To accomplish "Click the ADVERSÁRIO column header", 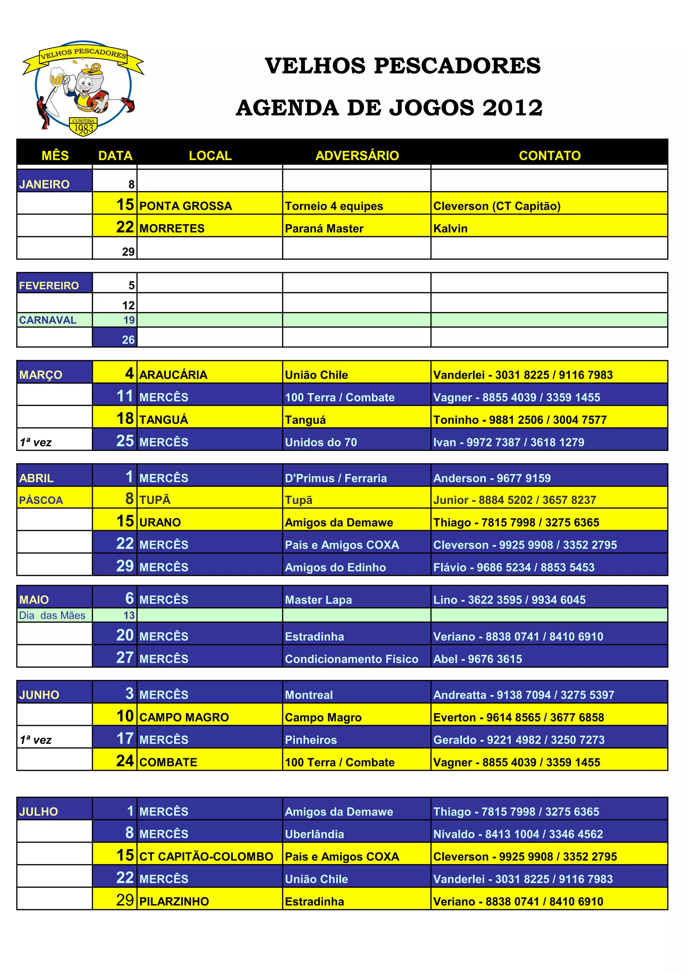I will [x=357, y=155].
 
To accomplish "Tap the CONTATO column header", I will [x=549, y=155].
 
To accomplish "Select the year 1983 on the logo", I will [x=84, y=128].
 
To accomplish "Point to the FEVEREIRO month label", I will [x=49, y=286].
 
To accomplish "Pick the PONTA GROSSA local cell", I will [x=186, y=206].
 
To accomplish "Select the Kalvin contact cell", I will [x=451, y=228].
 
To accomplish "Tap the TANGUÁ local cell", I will [x=163, y=420].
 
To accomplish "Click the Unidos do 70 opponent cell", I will [x=321, y=442].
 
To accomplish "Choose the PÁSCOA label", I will [x=41, y=500].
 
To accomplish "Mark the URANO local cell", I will [x=160, y=522].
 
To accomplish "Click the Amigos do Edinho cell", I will [x=335, y=567].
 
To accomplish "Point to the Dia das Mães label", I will [x=52, y=615].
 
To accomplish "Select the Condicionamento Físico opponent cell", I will [x=351, y=658].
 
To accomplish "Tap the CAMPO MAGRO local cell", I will [x=184, y=717].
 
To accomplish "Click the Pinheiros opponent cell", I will [x=311, y=740].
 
